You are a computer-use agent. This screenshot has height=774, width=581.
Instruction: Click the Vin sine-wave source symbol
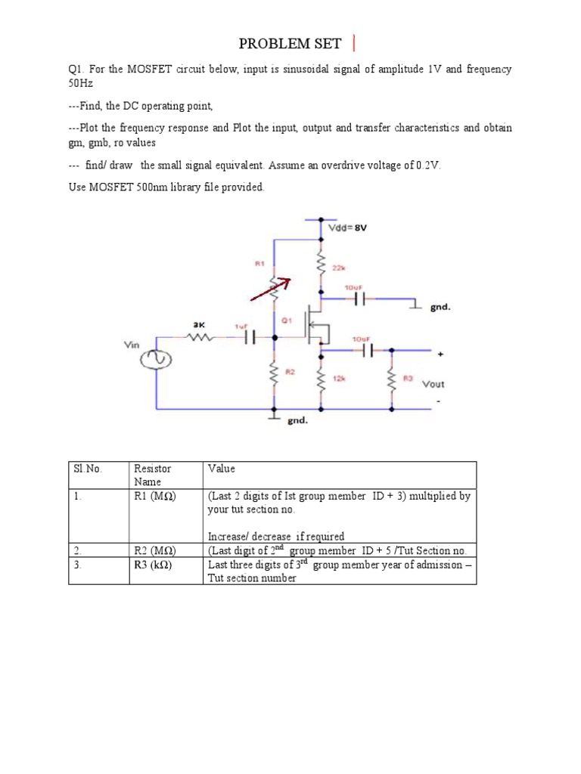click(157, 361)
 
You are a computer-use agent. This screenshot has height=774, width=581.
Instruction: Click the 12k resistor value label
click(338, 376)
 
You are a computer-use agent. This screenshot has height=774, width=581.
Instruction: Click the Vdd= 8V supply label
click(347, 227)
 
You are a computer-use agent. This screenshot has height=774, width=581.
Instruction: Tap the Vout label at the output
click(433, 384)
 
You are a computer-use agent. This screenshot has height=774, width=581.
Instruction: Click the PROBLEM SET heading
click(290, 43)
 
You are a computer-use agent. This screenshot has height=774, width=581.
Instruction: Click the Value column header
click(222, 469)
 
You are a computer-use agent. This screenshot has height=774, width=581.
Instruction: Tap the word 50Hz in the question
click(81, 83)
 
